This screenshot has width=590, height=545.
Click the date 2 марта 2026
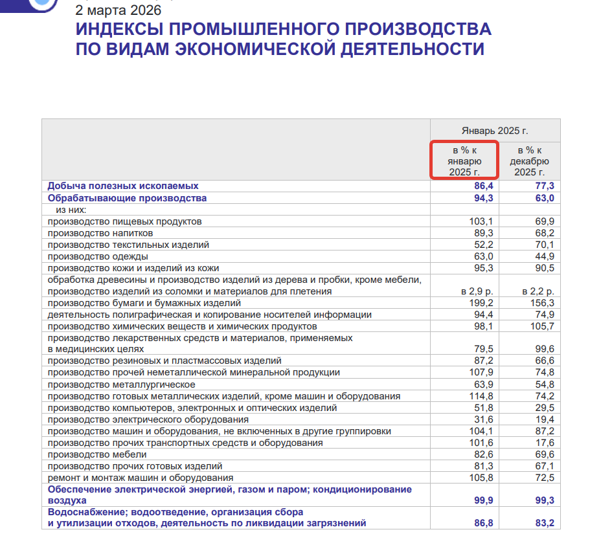pyautogui.click(x=119, y=10)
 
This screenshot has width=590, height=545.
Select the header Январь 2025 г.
pyautogui.click(x=495, y=130)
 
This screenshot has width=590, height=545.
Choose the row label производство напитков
pyautogui.click(x=100, y=233)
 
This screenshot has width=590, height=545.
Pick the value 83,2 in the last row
pyautogui.click(x=543, y=522)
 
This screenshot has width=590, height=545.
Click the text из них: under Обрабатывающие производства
pyautogui.click(x=71, y=210)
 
